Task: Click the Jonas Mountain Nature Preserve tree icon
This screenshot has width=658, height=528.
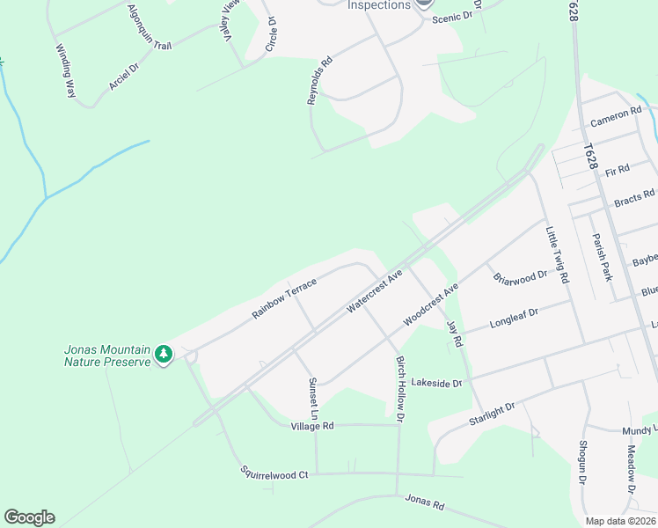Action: (164, 355)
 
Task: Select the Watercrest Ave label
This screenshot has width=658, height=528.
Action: (374, 290)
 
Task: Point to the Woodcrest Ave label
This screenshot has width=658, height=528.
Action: (431, 304)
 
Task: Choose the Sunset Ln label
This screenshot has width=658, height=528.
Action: (311, 397)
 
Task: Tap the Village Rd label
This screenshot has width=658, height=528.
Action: (312, 426)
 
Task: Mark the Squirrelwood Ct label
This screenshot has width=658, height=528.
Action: (274, 473)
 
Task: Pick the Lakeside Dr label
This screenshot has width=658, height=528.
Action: (436, 384)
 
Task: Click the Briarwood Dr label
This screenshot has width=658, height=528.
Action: (520, 278)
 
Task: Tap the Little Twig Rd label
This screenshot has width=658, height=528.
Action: (556, 255)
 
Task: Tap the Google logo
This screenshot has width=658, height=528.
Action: (29, 517)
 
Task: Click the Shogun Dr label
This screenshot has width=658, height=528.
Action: (581, 463)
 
